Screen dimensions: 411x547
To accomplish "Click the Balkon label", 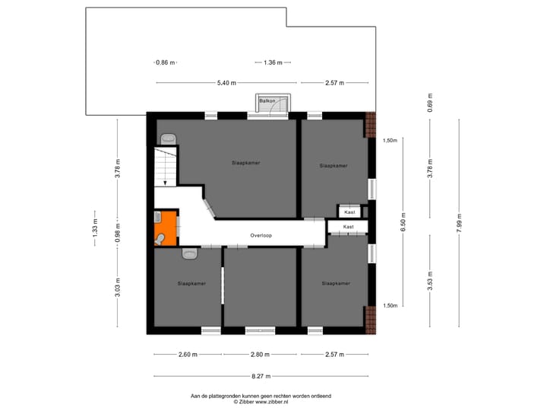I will coord(267,100).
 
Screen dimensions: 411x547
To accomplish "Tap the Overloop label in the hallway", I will coord(261,236).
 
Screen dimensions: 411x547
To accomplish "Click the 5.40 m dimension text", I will coord(226,82).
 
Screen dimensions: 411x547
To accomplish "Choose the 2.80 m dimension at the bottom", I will coord(261,355).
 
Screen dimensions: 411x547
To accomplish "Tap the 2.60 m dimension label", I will coord(188,355).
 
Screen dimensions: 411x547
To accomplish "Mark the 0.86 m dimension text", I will coord(165,62).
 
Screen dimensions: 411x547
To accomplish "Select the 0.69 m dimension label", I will coord(430,107).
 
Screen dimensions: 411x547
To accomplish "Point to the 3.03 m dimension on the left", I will coord(118,291).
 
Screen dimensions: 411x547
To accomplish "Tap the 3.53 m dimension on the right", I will coord(430,282).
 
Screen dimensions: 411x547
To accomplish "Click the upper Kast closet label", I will coord(349,212).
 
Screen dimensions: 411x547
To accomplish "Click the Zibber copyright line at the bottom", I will coord(261,401).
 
